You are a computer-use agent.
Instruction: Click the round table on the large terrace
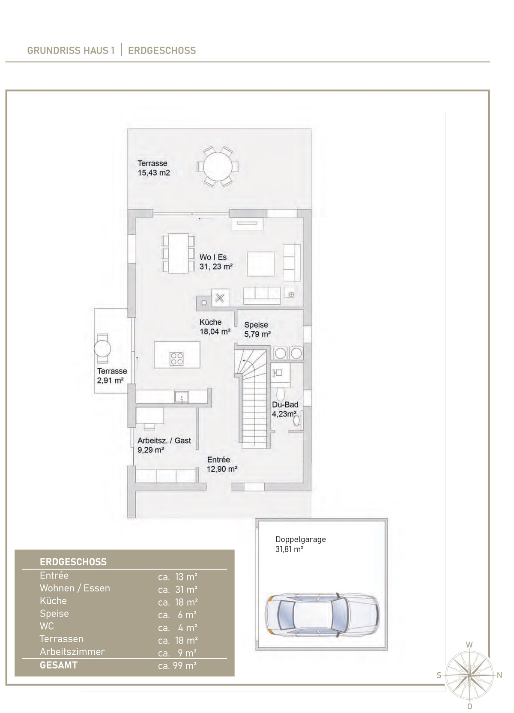click(217, 167)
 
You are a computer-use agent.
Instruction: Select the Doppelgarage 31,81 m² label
click(300, 544)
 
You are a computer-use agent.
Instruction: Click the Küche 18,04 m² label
click(215, 327)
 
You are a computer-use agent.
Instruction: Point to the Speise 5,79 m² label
click(257, 330)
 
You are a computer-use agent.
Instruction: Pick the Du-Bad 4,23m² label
click(285, 409)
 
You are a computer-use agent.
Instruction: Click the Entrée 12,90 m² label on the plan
click(222, 464)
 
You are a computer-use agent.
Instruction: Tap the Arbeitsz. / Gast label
click(164, 440)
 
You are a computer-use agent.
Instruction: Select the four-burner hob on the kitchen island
click(176, 358)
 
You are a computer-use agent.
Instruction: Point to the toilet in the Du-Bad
click(281, 393)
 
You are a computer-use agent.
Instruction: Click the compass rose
click(469, 675)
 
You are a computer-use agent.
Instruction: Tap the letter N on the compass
click(499, 675)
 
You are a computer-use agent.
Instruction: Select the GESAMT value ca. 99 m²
click(177, 665)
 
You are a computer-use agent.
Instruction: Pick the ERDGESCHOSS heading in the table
click(73, 562)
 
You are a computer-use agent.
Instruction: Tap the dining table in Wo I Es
click(178, 253)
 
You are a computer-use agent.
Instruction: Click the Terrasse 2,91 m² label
click(112, 376)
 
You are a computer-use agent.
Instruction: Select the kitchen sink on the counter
click(182, 397)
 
